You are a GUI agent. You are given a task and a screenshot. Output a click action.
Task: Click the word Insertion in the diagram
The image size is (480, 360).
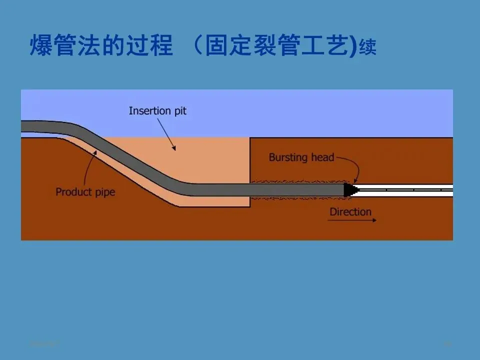pos(146,110)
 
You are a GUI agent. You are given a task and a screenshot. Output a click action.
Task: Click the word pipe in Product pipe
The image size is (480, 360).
pos(104,192)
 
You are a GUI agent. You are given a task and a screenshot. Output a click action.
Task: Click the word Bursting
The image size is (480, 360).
pos(288,158)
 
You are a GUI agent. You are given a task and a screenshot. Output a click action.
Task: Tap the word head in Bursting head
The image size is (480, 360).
pos(322,157)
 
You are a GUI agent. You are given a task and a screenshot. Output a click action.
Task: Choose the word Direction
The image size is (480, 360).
pos(350,212)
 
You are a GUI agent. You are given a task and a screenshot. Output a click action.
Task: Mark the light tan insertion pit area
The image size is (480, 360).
pos(210,160)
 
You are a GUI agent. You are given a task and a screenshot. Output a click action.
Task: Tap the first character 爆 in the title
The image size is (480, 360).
pos(41,46)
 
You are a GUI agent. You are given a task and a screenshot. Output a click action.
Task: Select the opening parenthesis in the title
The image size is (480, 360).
pos(198,46)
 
